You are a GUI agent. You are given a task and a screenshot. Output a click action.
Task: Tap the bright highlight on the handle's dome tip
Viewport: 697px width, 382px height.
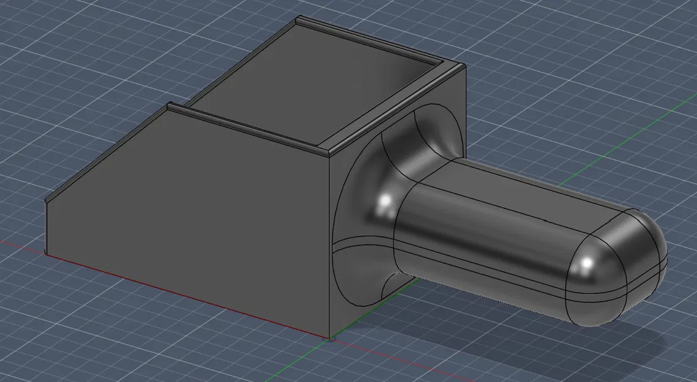(x=586, y=263)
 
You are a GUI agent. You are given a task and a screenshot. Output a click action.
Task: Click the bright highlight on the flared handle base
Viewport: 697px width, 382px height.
(x=385, y=201)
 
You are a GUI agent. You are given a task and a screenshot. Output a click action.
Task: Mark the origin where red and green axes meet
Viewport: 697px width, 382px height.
(x=331, y=337)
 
